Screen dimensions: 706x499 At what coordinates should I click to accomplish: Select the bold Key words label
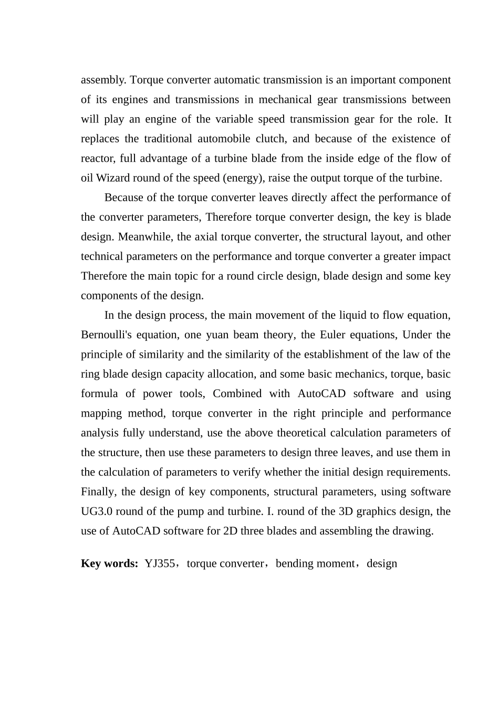(109, 564)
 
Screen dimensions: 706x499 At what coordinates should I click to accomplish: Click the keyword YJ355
(160, 564)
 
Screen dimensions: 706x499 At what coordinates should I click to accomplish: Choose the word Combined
(237, 393)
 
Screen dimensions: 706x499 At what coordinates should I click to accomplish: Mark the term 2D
(231, 531)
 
